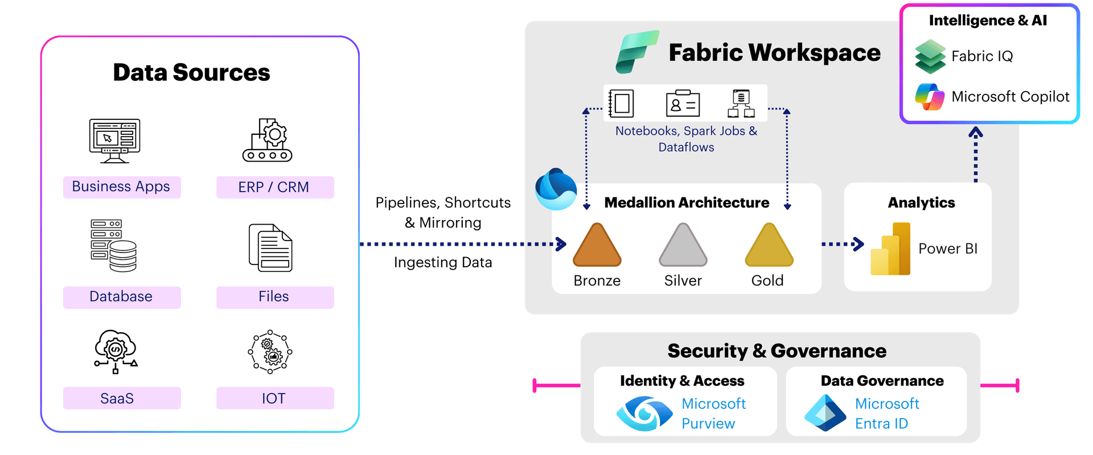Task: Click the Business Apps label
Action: [x=121, y=187]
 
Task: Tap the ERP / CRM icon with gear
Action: [x=268, y=140]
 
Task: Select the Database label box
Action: [x=121, y=297]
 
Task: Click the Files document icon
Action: [x=270, y=248]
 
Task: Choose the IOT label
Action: [x=274, y=398]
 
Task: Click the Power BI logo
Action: [x=891, y=249]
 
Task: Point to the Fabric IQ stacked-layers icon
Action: [x=930, y=56]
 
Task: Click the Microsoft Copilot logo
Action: [x=930, y=97]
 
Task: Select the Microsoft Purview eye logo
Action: [x=644, y=413]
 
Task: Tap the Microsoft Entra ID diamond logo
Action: [x=825, y=413]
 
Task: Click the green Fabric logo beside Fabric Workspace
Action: [x=636, y=52]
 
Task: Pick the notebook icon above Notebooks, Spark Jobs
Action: [x=621, y=104]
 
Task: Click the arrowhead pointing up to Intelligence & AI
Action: [x=976, y=133]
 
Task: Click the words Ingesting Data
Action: [x=443, y=263]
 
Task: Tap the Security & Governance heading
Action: [x=776, y=351]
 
